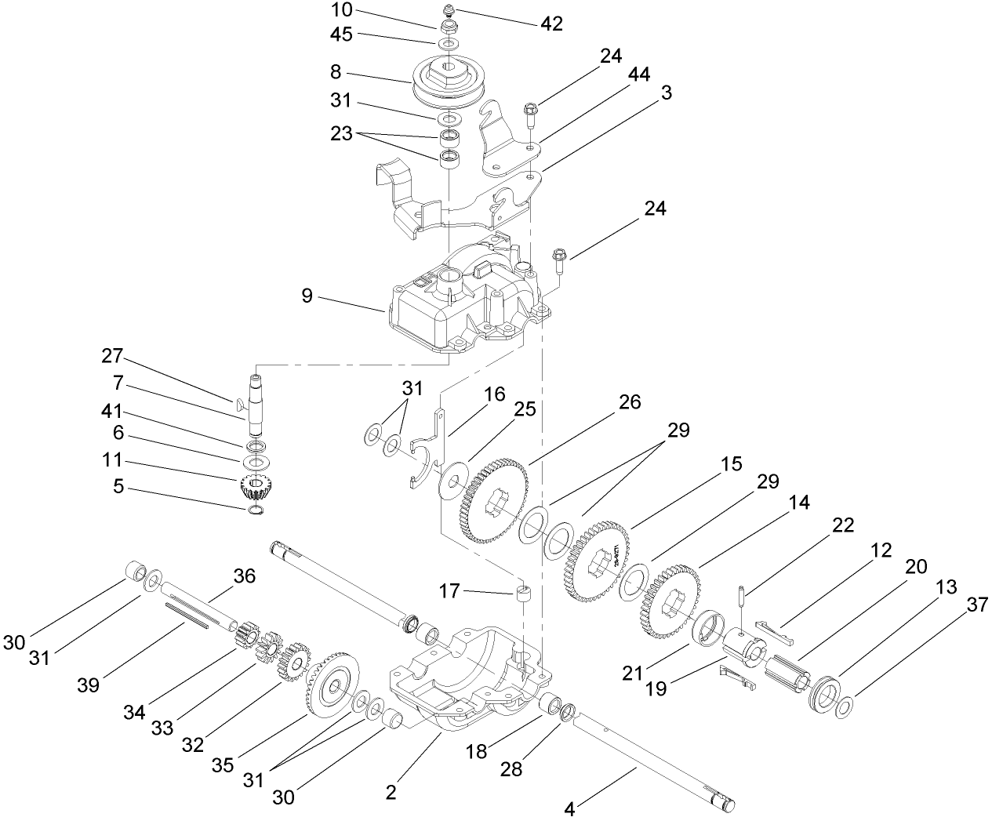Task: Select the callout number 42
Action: pos(551,24)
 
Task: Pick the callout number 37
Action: pos(976,604)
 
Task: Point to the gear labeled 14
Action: pos(671,604)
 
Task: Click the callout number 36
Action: pos(245,576)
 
